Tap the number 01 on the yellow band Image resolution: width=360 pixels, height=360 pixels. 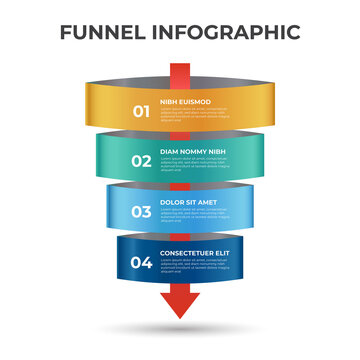click(x=143, y=110)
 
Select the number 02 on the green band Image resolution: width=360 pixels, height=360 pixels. click(x=143, y=160)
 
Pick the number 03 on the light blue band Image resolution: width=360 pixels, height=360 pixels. click(x=143, y=212)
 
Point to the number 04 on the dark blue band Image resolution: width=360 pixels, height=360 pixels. click(x=143, y=263)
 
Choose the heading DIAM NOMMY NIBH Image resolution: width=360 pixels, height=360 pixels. click(x=192, y=152)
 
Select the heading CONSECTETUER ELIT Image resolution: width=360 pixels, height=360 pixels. click(x=196, y=254)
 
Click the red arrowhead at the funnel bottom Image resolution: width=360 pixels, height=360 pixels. click(x=180, y=306)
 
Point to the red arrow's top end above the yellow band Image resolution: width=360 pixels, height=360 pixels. click(x=180, y=69)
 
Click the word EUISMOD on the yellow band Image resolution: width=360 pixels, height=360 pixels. click(x=197, y=101)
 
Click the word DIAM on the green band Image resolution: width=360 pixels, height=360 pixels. click(x=170, y=152)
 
